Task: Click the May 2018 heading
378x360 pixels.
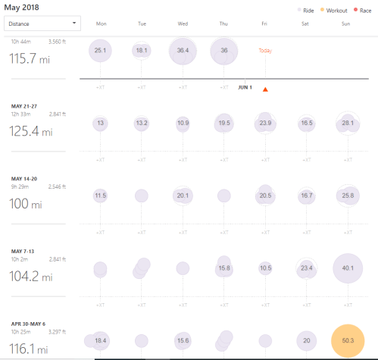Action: (x=23, y=7)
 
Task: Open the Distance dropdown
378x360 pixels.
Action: (x=42, y=23)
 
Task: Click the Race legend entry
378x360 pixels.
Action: (x=361, y=11)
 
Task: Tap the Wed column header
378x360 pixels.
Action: (x=183, y=24)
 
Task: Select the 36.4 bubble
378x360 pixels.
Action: (x=183, y=50)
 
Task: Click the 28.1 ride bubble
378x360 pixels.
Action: (x=347, y=123)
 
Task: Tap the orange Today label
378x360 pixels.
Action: (x=264, y=50)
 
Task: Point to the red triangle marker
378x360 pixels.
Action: (x=265, y=90)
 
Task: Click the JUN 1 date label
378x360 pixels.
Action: (x=245, y=87)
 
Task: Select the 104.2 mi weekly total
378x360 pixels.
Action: (x=31, y=277)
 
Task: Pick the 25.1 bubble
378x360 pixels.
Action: (x=101, y=50)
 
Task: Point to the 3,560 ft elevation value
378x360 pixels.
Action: (x=59, y=42)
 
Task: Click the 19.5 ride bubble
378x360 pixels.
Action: (x=223, y=123)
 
